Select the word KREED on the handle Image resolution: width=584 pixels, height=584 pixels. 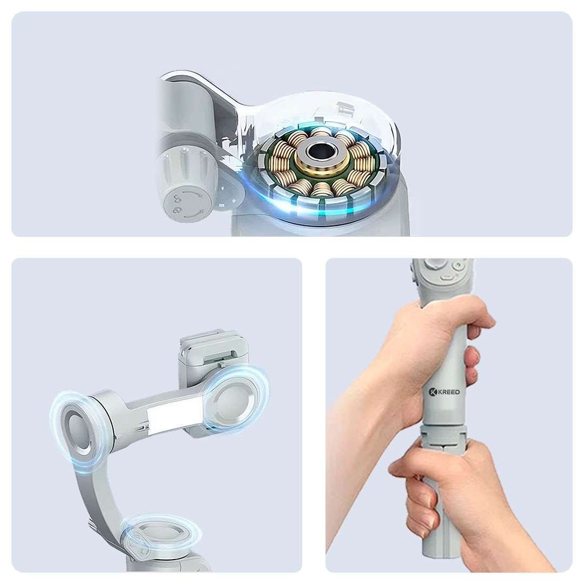tap(449, 392)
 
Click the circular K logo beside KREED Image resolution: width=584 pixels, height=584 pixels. tap(433, 392)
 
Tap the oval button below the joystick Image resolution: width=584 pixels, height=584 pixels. tap(447, 277)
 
